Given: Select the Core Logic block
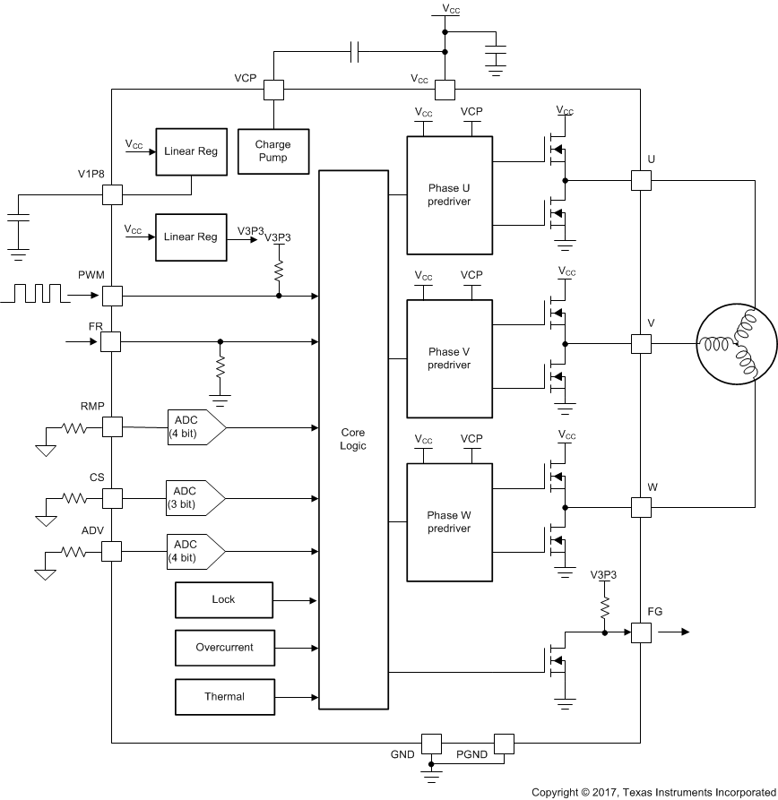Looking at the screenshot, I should tap(353, 439).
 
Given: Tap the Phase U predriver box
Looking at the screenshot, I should tap(449, 194).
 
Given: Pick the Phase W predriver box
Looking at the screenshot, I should tap(449, 521).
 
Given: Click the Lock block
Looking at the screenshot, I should tap(223, 599).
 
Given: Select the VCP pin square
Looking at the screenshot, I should tap(273, 90).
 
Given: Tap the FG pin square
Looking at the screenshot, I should tap(641, 632).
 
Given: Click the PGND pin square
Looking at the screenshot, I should tap(504, 744).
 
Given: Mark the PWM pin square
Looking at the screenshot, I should tap(112, 295).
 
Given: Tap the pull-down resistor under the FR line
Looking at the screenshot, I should tap(220, 367).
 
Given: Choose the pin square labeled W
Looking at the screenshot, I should tap(641, 507).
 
